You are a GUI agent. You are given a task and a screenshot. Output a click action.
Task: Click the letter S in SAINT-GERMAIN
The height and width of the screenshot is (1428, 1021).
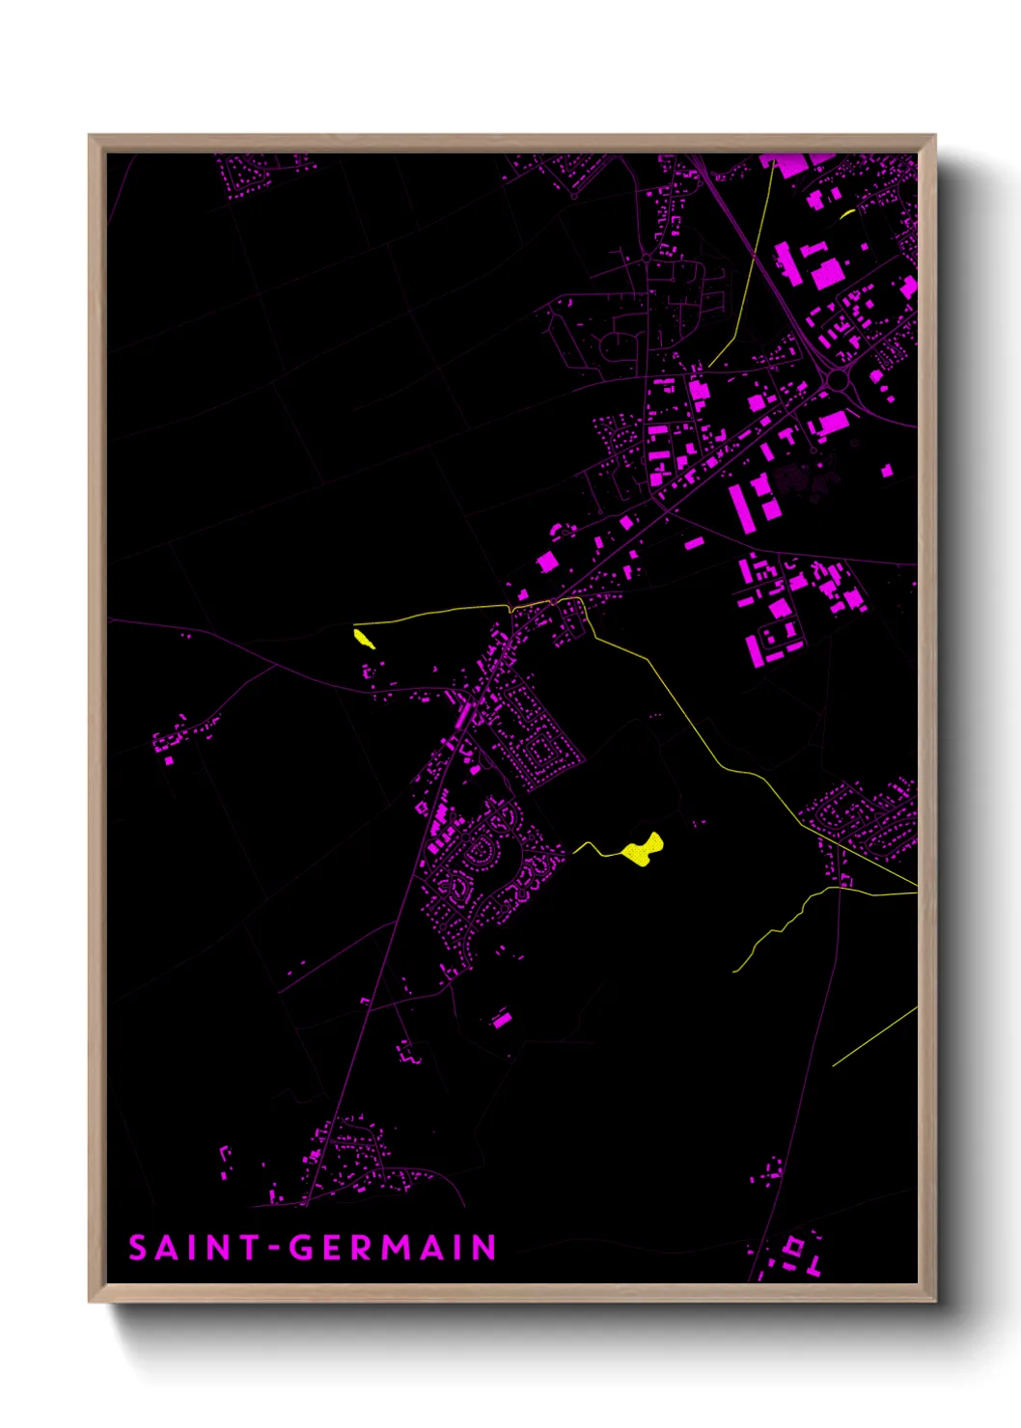(138, 1248)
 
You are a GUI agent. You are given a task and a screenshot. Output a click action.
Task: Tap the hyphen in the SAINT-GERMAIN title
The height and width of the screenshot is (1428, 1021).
(275, 1249)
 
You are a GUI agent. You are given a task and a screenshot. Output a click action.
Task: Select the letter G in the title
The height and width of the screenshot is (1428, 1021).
(304, 1248)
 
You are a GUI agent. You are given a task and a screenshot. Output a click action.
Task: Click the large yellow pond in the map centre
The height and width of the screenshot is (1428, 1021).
(643, 850)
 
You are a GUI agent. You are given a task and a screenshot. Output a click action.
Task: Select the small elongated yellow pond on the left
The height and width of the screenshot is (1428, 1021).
(364, 638)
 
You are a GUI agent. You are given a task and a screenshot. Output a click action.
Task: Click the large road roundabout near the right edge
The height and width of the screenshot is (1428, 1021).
(839, 381)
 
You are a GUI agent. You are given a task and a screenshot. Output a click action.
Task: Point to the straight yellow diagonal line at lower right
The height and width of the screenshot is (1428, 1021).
(874, 1037)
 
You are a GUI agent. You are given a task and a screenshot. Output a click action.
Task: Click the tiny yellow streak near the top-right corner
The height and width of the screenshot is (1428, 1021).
(847, 213)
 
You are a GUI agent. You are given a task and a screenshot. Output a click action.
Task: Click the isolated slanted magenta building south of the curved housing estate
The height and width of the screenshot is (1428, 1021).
(501, 1019)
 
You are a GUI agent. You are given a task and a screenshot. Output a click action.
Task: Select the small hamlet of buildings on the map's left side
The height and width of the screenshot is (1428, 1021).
(179, 738)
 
